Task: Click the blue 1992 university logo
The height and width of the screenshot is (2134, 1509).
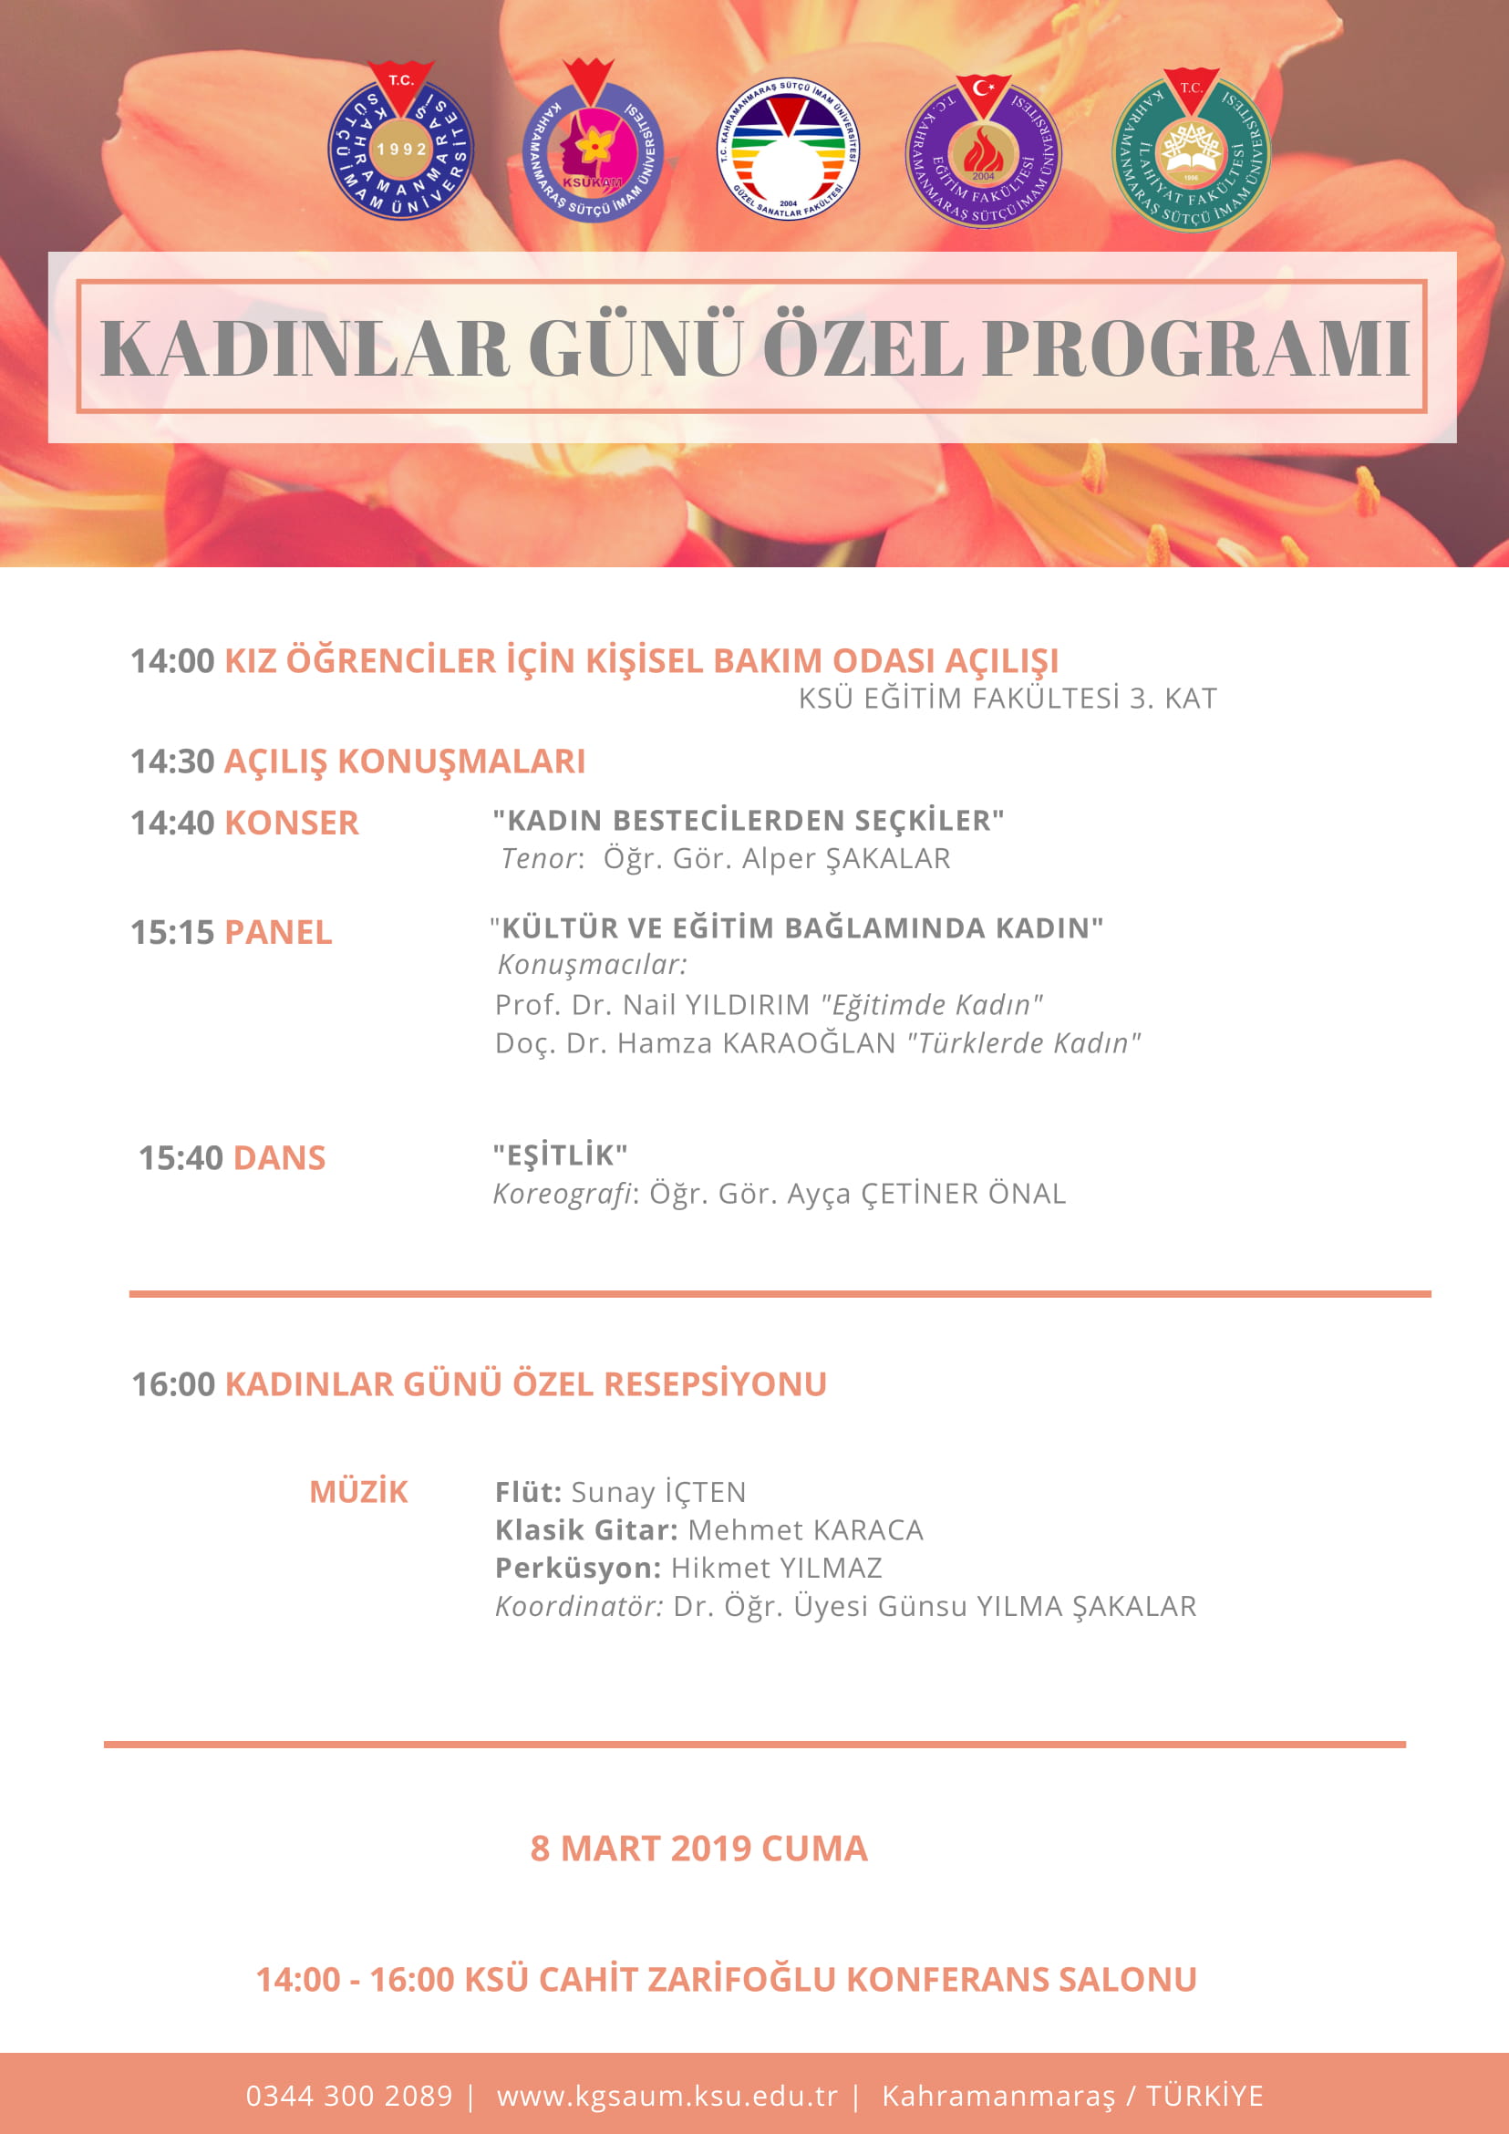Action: click(400, 144)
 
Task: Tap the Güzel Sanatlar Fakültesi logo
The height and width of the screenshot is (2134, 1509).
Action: click(788, 149)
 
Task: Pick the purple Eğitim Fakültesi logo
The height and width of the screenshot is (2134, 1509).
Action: click(983, 151)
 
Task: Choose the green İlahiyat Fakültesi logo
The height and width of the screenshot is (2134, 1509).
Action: click(1190, 151)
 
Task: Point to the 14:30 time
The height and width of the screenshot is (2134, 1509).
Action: click(172, 761)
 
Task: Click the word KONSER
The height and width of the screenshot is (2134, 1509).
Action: click(292, 824)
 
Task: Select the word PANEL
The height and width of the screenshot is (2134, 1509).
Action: click(278, 932)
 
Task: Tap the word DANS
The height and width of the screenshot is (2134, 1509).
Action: click(279, 1158)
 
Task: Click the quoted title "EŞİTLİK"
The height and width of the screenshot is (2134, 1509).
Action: click(561, 1155)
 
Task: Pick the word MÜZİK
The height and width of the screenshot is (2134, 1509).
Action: click(358, 1492)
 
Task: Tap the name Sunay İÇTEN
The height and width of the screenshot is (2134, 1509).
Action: click(658, 1492)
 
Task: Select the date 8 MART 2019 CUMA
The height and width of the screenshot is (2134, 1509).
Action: click(698, 1849)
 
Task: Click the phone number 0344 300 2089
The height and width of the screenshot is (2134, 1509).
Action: click(348, 2096)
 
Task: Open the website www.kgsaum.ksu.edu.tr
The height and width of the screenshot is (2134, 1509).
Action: click(667, 2096)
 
